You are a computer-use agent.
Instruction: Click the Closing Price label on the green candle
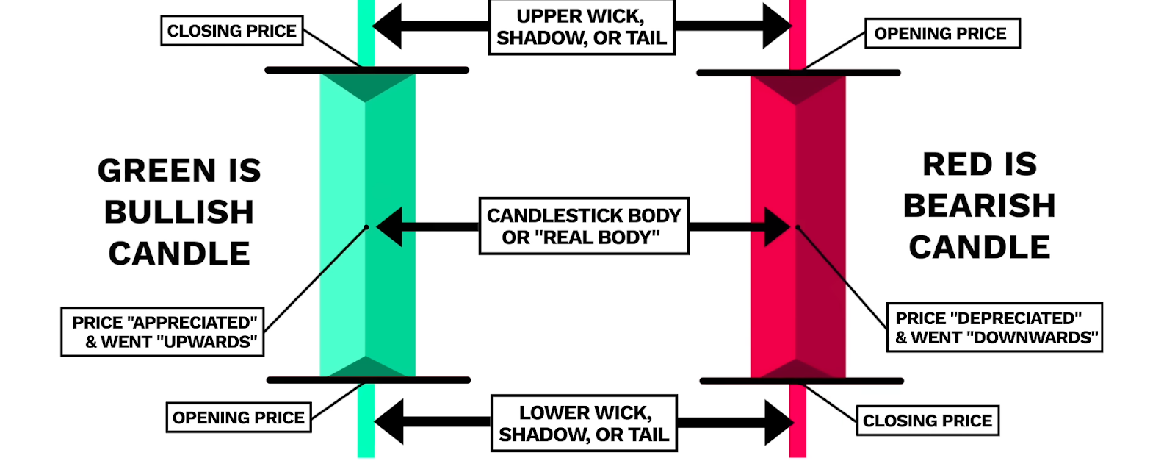[x=232, y=30]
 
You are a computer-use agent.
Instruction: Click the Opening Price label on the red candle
[x=942, y=34]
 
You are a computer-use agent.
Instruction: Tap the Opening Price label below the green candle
[x=239, y=418]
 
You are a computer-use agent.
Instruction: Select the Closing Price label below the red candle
[x=928, y=421]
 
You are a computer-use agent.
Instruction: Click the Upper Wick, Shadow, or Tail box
[x=582, y=27]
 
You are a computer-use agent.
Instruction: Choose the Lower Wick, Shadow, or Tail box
[x=584, y=423]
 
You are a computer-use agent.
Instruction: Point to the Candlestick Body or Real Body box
[x=584, y=226]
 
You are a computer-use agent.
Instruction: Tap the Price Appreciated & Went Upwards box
[x=162, y=332]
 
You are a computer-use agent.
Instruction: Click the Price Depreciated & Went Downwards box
[x=994, y=328]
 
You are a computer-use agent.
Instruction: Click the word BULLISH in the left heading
[x=179, y=212]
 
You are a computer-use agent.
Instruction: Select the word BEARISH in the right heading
[x=980, y=205]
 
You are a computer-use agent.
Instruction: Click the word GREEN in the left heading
[x=157, y=171]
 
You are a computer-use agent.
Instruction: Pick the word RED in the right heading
[x=958, y=165]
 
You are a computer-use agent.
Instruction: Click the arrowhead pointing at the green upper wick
[x=387, y=26]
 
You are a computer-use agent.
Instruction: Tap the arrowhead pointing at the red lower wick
[x=779, y=423]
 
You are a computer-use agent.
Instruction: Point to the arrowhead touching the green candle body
[x=389, y=227]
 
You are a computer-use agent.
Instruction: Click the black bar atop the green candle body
[x=366, y=70]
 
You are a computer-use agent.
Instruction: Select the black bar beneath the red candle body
[x=801, y=381]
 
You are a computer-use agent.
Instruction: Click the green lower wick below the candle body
[x=366, y=421]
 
